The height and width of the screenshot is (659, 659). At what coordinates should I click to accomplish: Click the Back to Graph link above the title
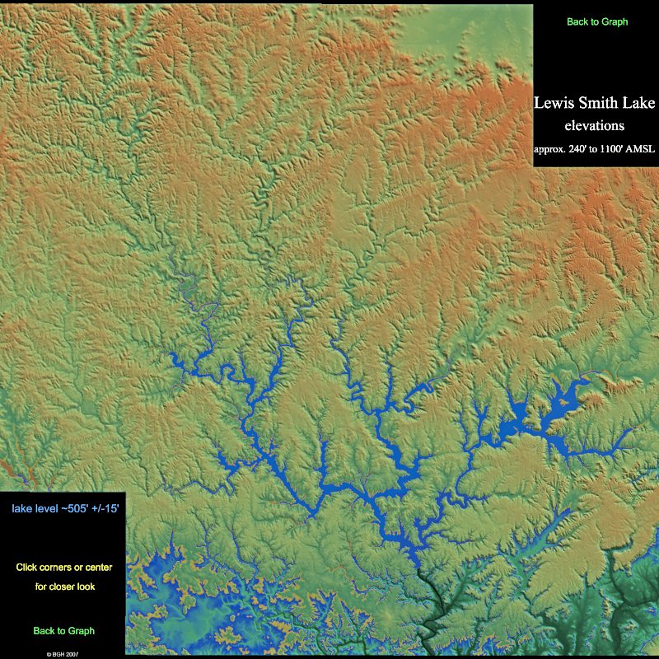pyautogui.click(x=597, y=22)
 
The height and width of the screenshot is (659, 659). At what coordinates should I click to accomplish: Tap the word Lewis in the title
pyautogui.click(x=555, y=104)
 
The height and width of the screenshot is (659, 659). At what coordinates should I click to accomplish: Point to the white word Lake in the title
pyautogui.click(x=639, y=104)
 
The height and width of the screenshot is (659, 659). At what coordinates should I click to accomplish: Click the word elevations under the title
pyautogui.click(x=594, y=126)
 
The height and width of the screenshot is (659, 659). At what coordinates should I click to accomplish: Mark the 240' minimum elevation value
pyautogui.click(x=584, y=149)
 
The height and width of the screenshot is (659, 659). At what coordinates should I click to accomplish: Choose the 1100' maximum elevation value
pyautogui.click(x=620, y=149)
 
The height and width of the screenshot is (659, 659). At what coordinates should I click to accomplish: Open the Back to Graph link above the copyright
pyautogui.click(x=64, y=631)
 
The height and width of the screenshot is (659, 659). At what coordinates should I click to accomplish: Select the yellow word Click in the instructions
pyautogui.click(x=27, y=568)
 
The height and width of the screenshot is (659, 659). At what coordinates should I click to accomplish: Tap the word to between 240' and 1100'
pyautogui.click(x=601, y=149)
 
